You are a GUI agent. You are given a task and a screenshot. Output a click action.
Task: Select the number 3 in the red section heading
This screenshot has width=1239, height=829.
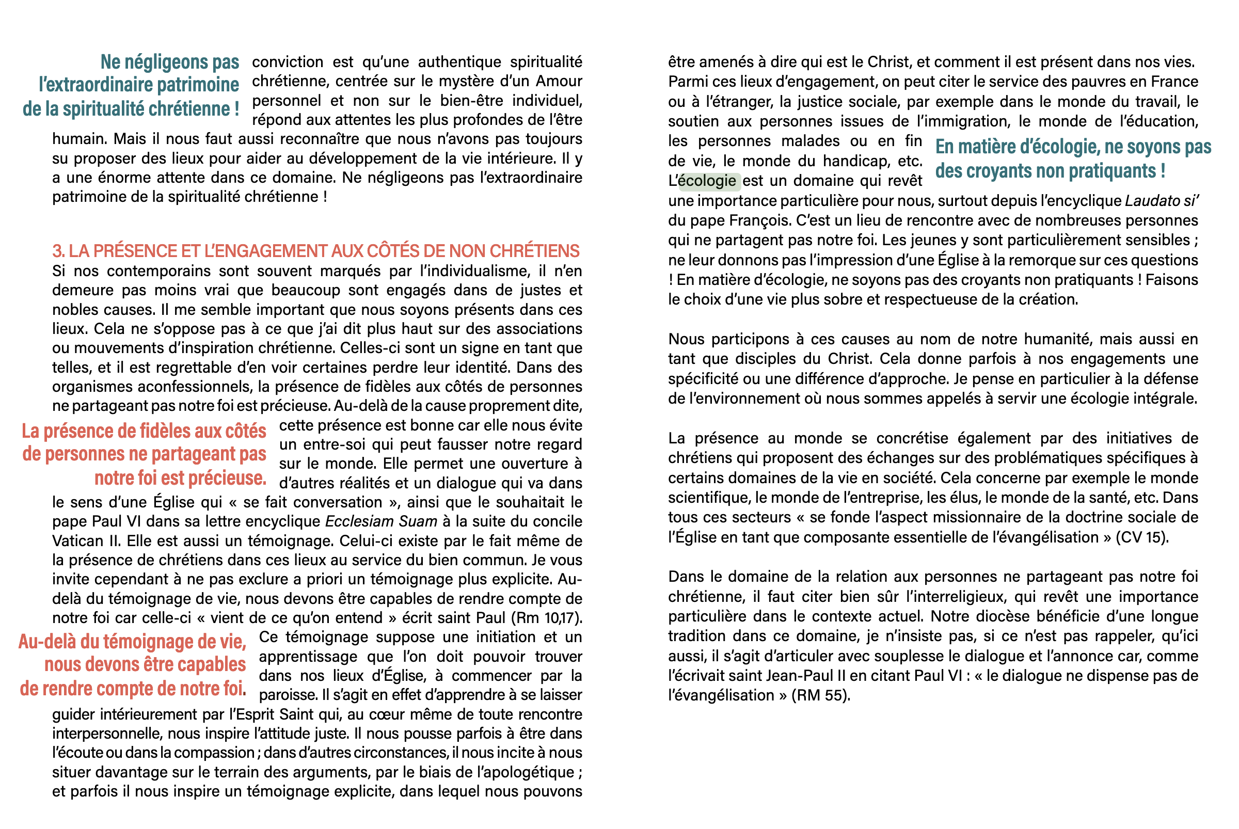tap(57, 251)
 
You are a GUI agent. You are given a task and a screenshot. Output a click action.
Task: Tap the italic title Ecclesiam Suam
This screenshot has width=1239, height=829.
tap(381, 521)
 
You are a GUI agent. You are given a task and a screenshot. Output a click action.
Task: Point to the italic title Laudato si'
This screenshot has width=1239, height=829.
tap(1161, 201)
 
